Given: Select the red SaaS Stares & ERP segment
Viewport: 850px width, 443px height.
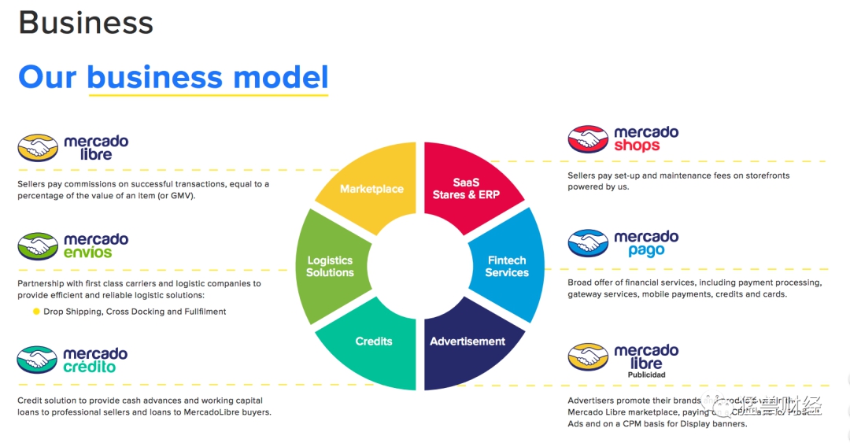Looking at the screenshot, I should [466, 188].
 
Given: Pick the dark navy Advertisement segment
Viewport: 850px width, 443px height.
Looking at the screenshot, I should [468, 341].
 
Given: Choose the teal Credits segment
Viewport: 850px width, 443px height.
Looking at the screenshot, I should [374, 341].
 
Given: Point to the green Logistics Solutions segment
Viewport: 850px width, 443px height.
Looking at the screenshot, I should [330, 266].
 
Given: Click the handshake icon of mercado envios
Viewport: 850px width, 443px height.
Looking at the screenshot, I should [38, 246].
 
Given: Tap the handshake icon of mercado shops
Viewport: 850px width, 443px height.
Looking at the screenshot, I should [588, 139].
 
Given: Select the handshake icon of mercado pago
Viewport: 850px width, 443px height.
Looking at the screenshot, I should [588, 244].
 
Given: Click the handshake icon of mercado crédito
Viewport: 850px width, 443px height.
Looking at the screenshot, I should [38, 360].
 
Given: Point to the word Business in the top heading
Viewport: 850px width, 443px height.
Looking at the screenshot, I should [86, 23].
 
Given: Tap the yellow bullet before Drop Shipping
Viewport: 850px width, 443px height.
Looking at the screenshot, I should [36, 312].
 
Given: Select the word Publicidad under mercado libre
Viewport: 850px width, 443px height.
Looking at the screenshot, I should [646, 375].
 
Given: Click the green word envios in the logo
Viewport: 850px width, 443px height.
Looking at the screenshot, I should [88, 253].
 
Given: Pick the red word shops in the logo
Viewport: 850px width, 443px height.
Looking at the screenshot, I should [637, 146].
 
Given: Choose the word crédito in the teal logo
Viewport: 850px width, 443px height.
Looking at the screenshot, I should [89, 367].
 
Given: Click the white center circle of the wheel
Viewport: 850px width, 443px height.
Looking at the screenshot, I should [419, 266].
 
